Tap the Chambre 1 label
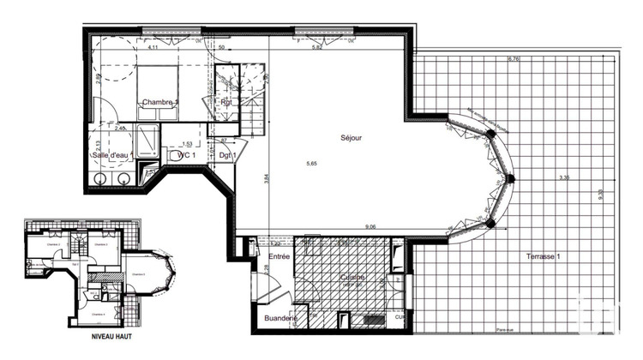click(160, 102)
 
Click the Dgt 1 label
click(226, 155)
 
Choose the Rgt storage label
click(227, 102)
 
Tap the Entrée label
click(279, 256)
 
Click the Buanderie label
click(280, 318)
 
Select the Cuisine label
click(352, 278)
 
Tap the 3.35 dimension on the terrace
click(563, 178)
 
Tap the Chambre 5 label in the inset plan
click(141, 274)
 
